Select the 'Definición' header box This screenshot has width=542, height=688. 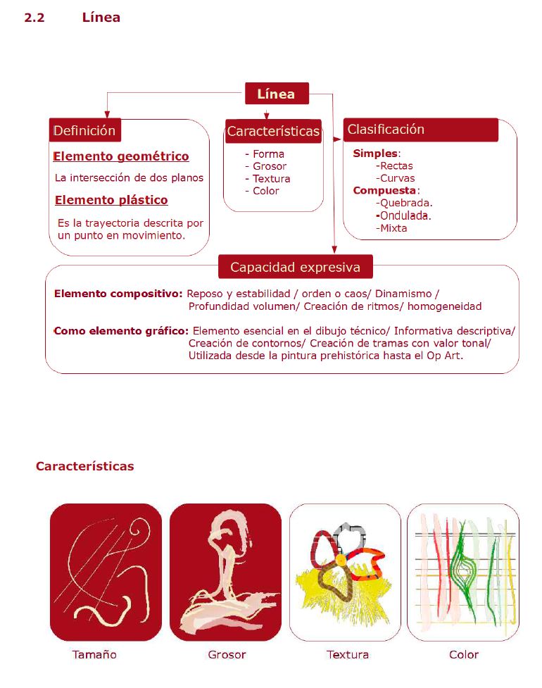click(84, 130)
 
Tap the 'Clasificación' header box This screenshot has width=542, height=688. click(420, 130)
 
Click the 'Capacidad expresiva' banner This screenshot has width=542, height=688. click(295, 268)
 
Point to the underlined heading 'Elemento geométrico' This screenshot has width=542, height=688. click(121, 156)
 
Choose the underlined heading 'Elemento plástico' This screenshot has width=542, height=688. click(111, 200)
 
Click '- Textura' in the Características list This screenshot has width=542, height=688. click(267, 179)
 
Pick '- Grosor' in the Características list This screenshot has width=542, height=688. click(265, 166)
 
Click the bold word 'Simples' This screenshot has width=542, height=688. click(376, 153)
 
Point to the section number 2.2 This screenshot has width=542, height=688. click(34, 18)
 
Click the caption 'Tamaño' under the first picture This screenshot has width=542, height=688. click(94, 655)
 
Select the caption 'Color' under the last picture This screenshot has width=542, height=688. click(464, 655)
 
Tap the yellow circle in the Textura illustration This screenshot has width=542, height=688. click(341, 559)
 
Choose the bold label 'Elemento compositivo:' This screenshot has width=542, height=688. click(118, 293)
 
